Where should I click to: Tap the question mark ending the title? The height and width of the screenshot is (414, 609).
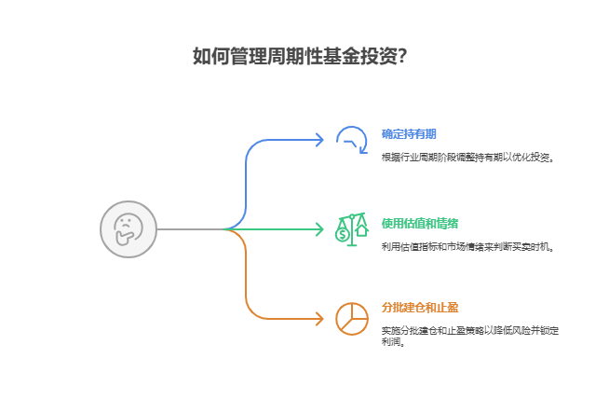pyautogui.click(x=401, y=56)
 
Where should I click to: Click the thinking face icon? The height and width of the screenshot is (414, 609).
pyautogui.click(x=128, y=228)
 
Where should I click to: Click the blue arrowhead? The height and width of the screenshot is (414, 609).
pyautogui.click(x=319, y=140)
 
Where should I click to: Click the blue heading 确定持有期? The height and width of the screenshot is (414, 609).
pyautogui.click(x=409, y=134)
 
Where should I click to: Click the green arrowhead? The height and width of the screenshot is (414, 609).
pyautogui.click(x=319, y=228)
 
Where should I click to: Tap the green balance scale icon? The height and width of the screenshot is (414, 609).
pyautogui.click(x=351, y=228)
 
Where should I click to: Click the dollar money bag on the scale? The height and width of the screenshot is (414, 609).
pyautogui.click(x=343, y=235)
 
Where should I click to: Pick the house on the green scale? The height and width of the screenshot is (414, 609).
pyautogui.click(x=361, y=229)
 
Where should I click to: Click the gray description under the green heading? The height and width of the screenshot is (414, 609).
pyautogui.click(x=467, y=246)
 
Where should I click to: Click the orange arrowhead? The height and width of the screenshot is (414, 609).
pyautogui.click(x=319, y=318)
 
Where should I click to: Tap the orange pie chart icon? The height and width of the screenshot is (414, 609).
pyautogui.click(x=351, y=318)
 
